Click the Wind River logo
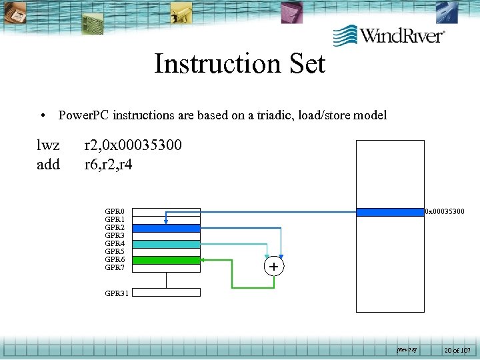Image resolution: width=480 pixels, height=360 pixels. [389, 35]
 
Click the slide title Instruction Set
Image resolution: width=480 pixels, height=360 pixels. [239, 64]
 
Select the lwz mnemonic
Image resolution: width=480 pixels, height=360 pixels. [48, 145]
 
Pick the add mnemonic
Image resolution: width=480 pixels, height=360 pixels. [48, 163]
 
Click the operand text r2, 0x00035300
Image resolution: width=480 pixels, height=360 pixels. [133, 145]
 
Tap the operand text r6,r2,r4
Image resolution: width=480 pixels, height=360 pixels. [108, 163]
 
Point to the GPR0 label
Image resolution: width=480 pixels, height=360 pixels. [115, 212]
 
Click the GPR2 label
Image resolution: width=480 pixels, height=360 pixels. [115, 228]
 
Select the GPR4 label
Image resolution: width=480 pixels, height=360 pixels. [115, 244]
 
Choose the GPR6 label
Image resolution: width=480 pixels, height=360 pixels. [115, 260]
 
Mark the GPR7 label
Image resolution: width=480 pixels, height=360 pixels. [115, 268]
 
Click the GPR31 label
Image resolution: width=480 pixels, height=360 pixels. [116, 293]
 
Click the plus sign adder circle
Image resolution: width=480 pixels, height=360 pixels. [273, 267]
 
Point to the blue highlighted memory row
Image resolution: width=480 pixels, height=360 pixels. [390, 213]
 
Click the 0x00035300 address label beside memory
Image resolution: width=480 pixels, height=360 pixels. [445, 213]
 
